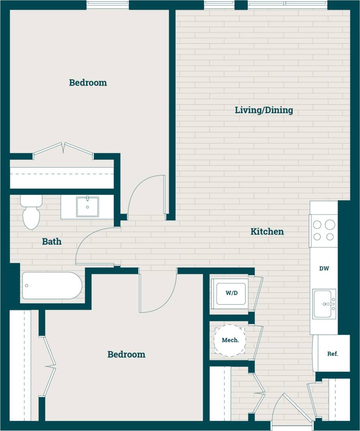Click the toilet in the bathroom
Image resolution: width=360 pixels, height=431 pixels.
coord(31,213)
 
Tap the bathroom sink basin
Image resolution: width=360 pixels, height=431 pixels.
coord(87,206)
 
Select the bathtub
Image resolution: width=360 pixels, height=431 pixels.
coord(52,286)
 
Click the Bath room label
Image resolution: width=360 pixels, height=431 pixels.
coord(52,242)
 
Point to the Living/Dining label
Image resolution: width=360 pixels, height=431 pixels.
coord(264,110)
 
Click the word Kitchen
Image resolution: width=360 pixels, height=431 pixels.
coord(267,232)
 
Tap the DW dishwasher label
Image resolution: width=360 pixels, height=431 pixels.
coord(324,268)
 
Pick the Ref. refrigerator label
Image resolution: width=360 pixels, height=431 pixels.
coord(333,354)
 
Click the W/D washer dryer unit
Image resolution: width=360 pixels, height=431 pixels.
coord(232,293)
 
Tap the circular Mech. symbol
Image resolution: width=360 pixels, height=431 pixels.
coord(230,340)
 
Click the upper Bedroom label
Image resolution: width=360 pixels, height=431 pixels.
coord(88,83)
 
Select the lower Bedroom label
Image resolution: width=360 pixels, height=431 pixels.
coord(126,355)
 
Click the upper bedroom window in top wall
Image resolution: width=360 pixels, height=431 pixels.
coord(107,5)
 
